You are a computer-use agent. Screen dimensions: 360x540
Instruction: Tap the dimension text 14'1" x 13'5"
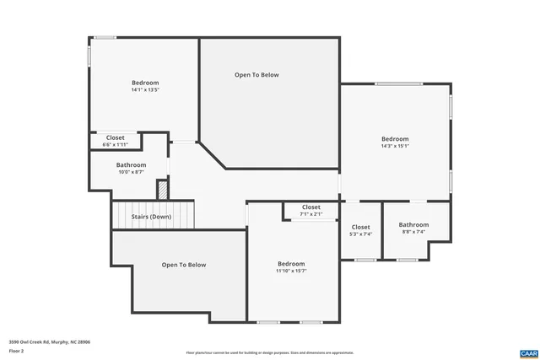coord(144,90)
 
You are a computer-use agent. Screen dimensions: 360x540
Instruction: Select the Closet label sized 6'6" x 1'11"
coord(115,137)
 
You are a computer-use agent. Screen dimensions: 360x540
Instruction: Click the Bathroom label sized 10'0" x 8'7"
coord(131,165)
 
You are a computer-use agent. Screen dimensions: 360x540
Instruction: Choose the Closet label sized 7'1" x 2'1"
coord(310,207)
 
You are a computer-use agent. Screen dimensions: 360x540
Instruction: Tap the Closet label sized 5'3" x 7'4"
coord(360,227)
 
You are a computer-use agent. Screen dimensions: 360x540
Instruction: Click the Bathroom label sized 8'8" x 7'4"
coord(413,225)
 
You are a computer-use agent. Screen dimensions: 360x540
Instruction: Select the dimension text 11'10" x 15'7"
coord(291,271)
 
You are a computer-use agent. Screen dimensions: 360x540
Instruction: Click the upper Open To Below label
coord(256,75)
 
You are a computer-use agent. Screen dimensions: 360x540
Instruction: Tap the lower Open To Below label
coord(184,265)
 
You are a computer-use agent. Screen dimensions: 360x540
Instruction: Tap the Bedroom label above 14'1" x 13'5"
coord(144,83)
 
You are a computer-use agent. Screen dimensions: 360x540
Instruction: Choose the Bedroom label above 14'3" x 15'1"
coord(395,139)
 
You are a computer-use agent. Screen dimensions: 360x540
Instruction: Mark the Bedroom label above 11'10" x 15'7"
coord(291,263)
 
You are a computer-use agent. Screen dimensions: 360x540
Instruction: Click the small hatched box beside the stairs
coord(163,190)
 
